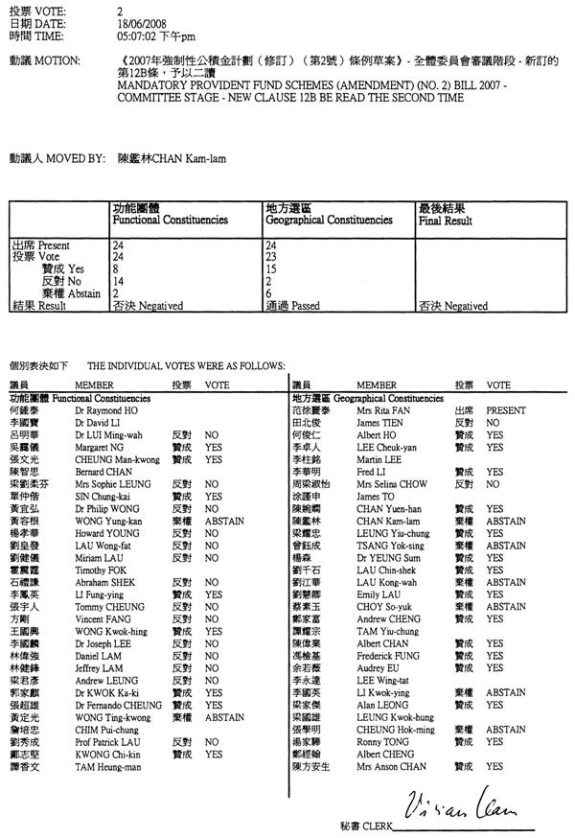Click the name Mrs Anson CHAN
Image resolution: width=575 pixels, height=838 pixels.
[387, 767]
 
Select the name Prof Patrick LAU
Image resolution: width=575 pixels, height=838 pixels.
[108, 742]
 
